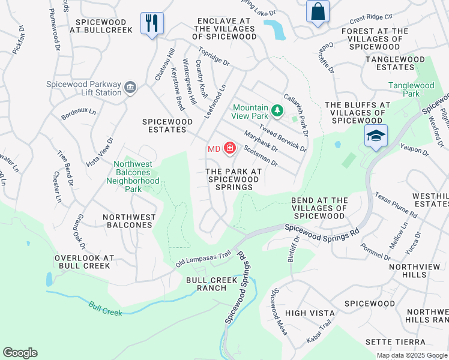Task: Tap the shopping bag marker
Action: (317, 11)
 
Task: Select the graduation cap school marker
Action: (376, 137)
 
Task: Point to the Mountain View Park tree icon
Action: (277, 110)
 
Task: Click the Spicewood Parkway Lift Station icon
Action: (129, 89)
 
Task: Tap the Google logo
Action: (20, 353)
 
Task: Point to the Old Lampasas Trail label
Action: (203, 259)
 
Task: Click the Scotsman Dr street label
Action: (260, 155)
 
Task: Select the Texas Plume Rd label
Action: (396, 205)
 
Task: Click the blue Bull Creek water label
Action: (105, 308)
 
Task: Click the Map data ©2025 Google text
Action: (411, 355)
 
